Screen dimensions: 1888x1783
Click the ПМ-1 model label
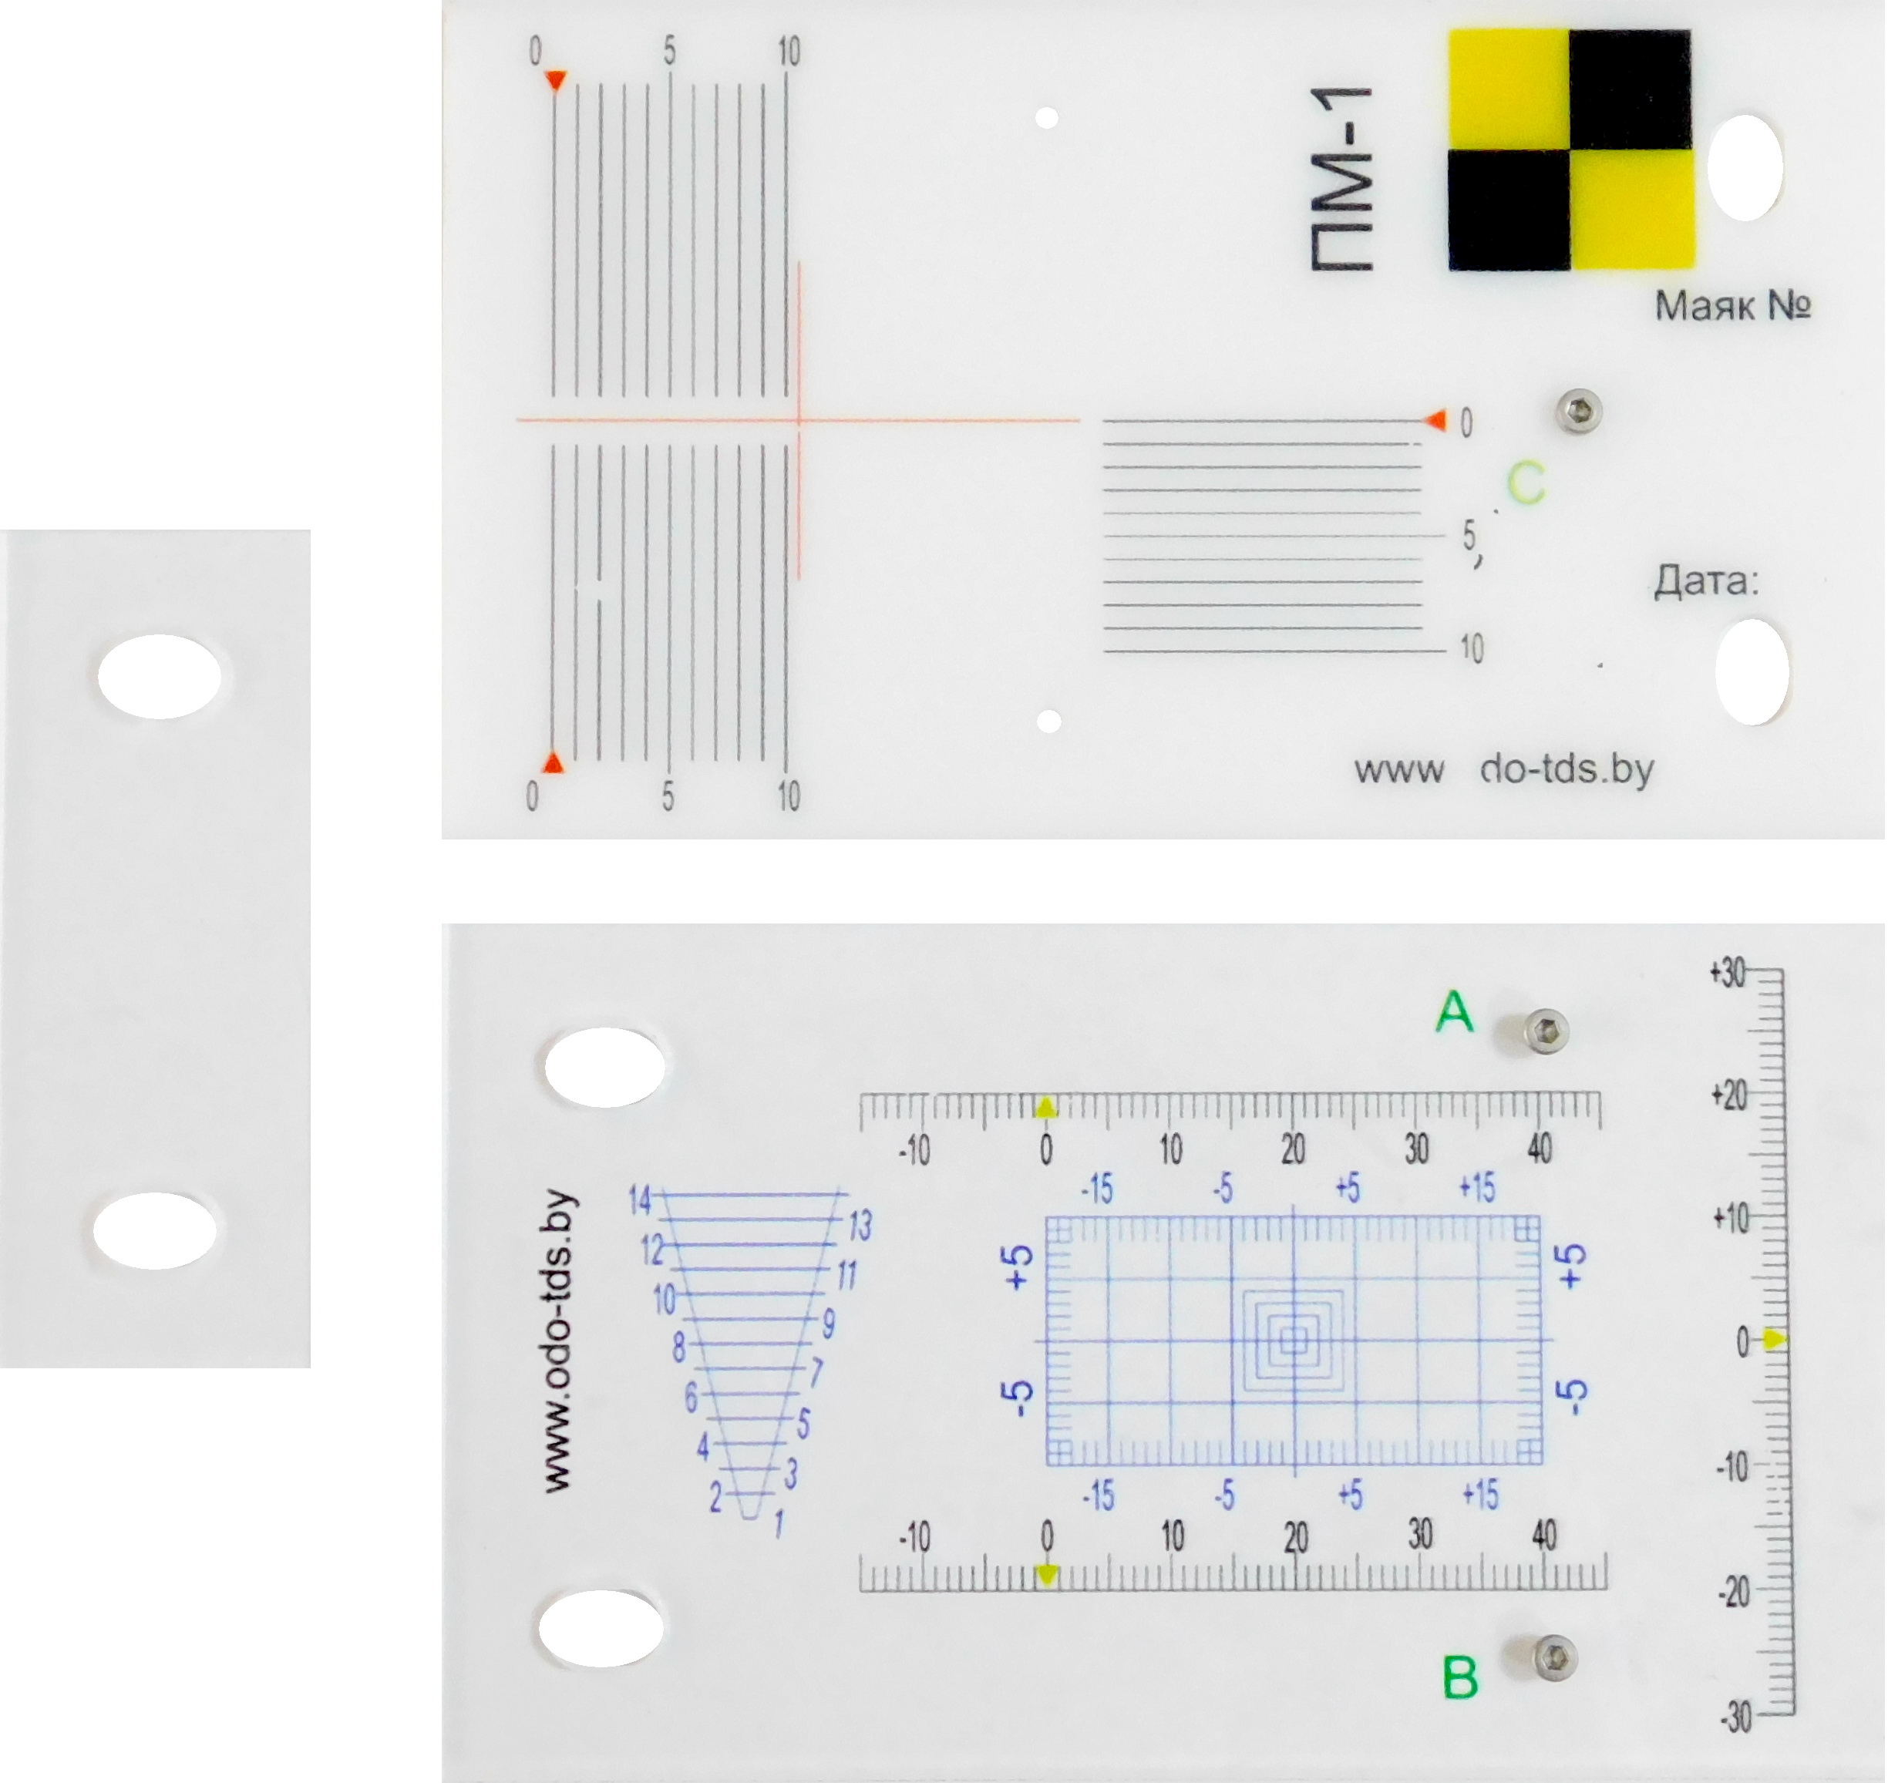coord(1342,180)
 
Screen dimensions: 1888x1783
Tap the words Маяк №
coord(1733,306)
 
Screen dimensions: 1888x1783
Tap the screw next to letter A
coord(1545,1032)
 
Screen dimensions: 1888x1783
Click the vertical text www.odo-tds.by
coord(558,1342)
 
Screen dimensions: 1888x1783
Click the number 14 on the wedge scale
coord(640,1201)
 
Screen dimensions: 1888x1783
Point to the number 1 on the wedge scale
coord(779,1526)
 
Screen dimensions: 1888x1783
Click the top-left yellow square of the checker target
coord(1509,89)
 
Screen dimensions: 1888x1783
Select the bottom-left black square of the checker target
coord(1509,211)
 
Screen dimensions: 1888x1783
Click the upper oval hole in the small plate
coord(160,676)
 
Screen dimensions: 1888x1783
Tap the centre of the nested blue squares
coord(1293,1340)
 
